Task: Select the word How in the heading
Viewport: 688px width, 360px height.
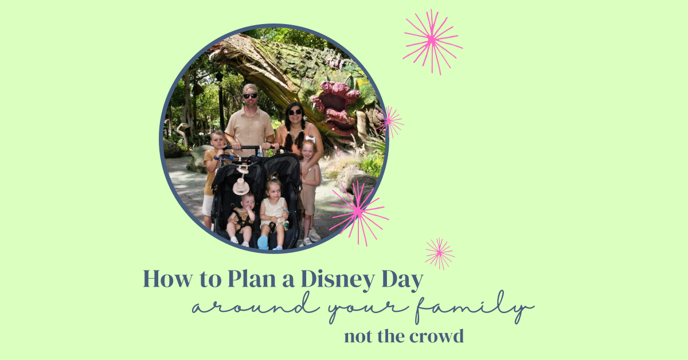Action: [x=167, y=279]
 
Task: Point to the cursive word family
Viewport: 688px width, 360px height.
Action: [x=475, y=307]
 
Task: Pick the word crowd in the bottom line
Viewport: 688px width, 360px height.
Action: [x=436, y=336]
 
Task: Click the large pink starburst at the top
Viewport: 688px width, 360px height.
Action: [x=432, y=41]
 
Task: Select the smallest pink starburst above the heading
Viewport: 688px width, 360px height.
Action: [x=440, y=253]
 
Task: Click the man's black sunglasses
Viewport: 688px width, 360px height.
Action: [x=251, y=96]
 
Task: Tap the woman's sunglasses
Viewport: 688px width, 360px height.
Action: [x=295, y=112]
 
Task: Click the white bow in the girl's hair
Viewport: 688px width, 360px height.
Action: [x=310, y=139]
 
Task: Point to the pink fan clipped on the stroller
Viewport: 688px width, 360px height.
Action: [x=241, y=186]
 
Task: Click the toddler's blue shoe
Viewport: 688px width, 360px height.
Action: [x=263, y=242]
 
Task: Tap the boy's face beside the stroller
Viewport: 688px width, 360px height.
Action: [x=218, y=141]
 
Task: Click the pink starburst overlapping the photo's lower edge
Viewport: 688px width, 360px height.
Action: [x=359, y=213]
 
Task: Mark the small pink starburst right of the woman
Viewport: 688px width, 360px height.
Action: [x=389, y=122]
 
